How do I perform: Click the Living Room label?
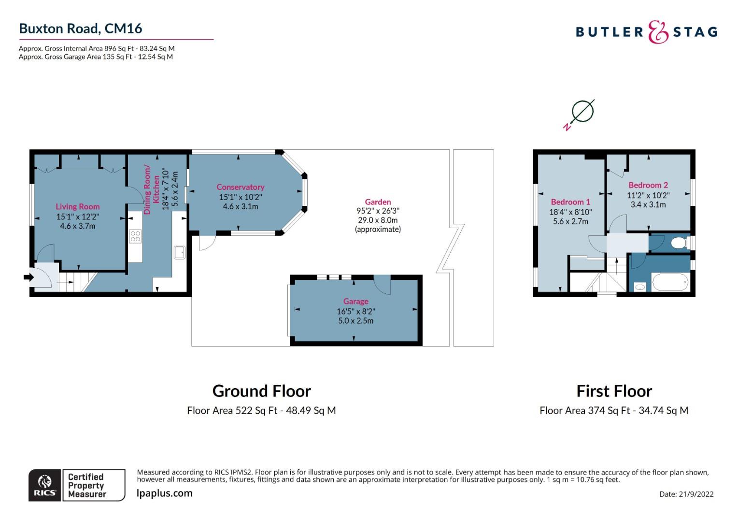[77, 207]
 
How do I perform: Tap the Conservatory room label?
[240, 187]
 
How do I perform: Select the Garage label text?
[355, 302]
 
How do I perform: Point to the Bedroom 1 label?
[570, 202]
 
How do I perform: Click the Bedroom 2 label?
[648, 185]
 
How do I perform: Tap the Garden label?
[378, 202]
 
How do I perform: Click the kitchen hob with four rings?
[135, 236]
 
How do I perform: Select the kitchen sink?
[180, 252]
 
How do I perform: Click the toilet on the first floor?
[680, 243]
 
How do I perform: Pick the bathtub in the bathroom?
[671, 282]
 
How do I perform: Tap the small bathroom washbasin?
[639, 287]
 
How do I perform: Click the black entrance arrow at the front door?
[28, 277]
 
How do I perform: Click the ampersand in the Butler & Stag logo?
[658, 31]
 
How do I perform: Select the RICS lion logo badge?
[44, 485]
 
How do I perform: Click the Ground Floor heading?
[262, 391]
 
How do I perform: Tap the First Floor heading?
[614, 391]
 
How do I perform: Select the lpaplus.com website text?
[164, 493]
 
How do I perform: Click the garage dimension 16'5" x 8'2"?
[356, 311]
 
